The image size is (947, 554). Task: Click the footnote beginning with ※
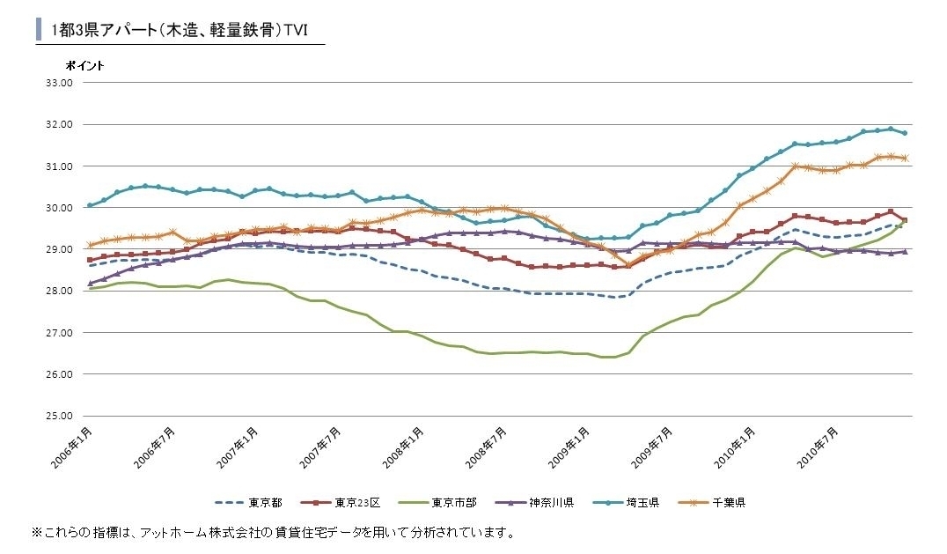click(x=273, y=533)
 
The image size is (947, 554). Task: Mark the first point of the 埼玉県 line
click(x=90, y=205)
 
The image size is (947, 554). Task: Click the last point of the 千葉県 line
click(x=905, y=159)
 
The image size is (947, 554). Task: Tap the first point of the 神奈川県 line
click(x=90, y=284)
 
